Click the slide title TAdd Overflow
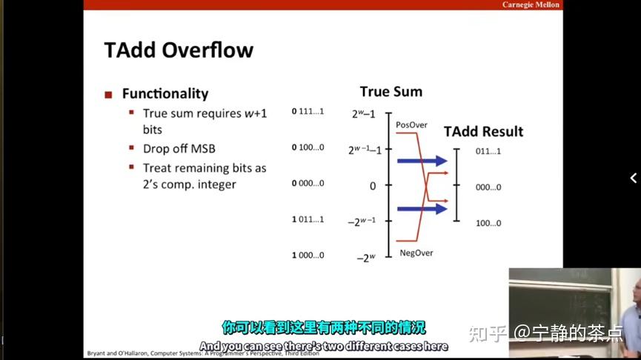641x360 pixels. tap(179, 50)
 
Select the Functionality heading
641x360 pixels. tap(165, 93)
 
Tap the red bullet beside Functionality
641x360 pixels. tap(108, 94)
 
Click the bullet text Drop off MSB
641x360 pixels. tap(179, 148)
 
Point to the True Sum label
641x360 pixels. tap(391, 92)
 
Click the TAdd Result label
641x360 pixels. tap(483, 132)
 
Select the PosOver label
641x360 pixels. tap(411, 124)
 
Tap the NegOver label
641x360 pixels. tap(416, 253)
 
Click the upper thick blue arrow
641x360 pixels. tap(422, 161)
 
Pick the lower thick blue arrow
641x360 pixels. tap(422, 209)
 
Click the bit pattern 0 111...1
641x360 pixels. tap(308, 111)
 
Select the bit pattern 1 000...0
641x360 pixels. tap(308, 255)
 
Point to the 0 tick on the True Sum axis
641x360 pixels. tap(373, 186)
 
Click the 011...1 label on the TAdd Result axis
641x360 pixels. tap(488, 152)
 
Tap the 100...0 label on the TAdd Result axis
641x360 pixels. tap(488, 222)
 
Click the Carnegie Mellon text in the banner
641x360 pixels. tap(531, 4)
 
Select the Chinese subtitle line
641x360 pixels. tap(324, 327)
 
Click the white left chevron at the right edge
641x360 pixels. tap(633, 178)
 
